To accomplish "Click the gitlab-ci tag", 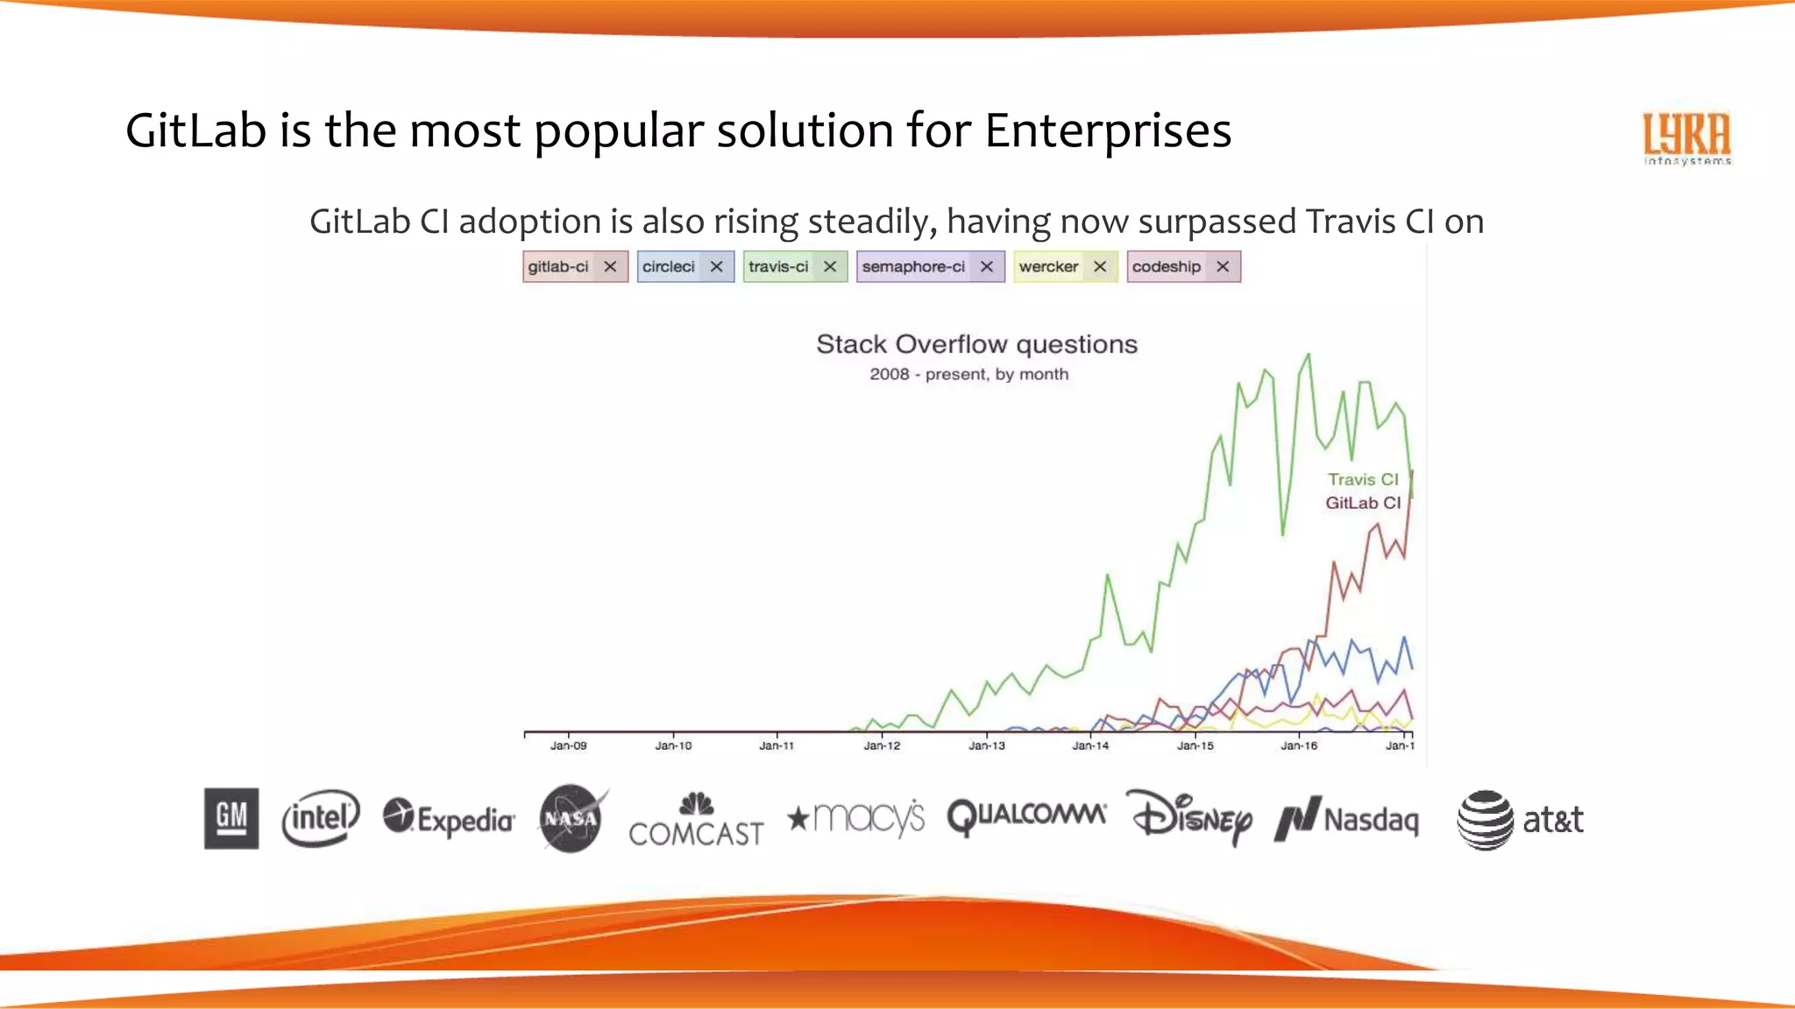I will (x=559, y=267).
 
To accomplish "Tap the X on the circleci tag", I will (x=716, y=267).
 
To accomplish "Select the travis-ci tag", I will (x=778, y=267).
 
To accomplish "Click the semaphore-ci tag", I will (x=913, y=267).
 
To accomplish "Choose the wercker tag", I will (x=1048, y=267).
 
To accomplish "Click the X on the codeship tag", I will (x=1223, y=267).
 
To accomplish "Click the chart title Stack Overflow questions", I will (x=976, y=344).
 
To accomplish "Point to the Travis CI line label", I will (x=1362, y=479).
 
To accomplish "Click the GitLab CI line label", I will (x=1362, y=503).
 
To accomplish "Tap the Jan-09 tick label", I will (x=568, y=745).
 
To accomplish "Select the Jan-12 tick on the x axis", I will (x=882, y=745).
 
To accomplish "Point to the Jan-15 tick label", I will (x=1195, y=745).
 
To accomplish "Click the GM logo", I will (x=231, y=818).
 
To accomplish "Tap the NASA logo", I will (x=571, y=819).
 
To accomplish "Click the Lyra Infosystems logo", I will (x=1686, y=138).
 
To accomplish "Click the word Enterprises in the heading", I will (x=1108, y=131).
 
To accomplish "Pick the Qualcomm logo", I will (x=1025, y=816).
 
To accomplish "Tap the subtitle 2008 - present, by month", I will (x=968, y=375).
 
